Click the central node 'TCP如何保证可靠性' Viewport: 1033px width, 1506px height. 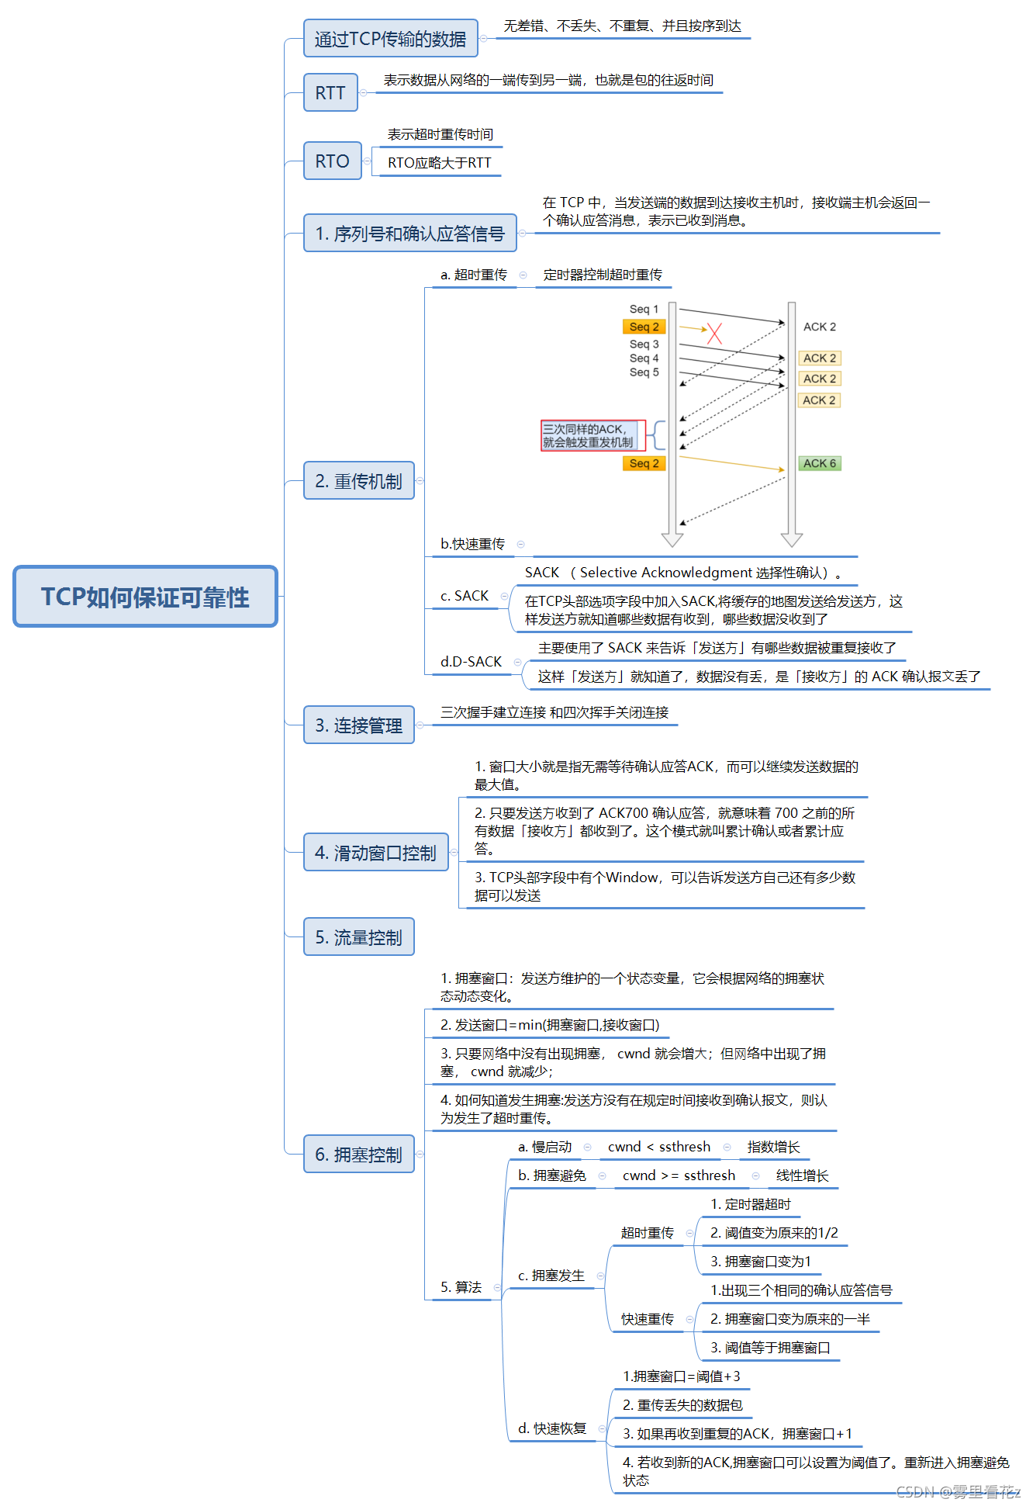point(145,597)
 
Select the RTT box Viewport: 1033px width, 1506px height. point(330,93)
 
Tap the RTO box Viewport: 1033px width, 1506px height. point(332,161)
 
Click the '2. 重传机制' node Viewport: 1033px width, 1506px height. point(358,481)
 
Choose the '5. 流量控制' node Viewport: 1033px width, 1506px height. point(358,937)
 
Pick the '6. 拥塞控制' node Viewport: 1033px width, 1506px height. point(358,1155)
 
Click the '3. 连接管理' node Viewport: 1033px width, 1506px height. point(358,725)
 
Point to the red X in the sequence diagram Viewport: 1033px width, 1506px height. point(714,334)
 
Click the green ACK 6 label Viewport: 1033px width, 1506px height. point(820,463)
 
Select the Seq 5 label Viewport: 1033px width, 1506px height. point(644,372)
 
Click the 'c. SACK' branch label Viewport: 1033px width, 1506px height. point(465,596)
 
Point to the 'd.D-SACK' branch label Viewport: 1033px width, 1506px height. point(471,662)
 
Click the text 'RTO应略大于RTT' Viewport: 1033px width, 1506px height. point(439,163)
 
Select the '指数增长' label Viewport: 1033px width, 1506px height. point(773,1147)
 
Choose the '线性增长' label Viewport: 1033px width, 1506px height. point(802,1175)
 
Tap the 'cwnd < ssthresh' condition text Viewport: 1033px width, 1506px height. point(658,1147)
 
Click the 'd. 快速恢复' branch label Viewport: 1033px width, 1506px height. point(551,1428)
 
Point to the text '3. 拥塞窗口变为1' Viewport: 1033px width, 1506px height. point(760,1262)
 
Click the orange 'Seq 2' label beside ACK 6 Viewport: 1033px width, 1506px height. point(644,463)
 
